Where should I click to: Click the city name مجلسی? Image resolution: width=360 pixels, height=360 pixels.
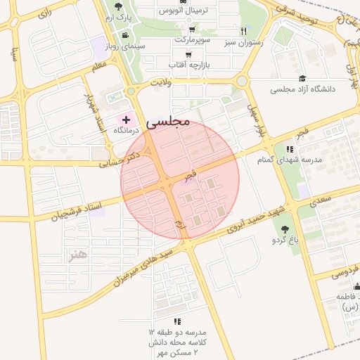pyautogui.click(x=168, y=122)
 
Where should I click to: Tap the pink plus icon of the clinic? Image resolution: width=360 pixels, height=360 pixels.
pyautogui.click(x=126, y=120)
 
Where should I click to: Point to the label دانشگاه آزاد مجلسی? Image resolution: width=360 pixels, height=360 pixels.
pyautogui.click(x=303, y=89)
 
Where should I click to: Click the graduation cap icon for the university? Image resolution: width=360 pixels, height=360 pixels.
pyautogui.click(x=302, y=78)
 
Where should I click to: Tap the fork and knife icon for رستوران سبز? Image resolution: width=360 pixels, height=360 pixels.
pyautogui.click(x=244, y=31)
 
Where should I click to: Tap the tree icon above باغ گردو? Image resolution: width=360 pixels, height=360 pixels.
pyautogui.click(x=285, y=229)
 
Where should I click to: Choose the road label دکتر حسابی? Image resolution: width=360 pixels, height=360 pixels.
pyautogui.click(x=123, y=157)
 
